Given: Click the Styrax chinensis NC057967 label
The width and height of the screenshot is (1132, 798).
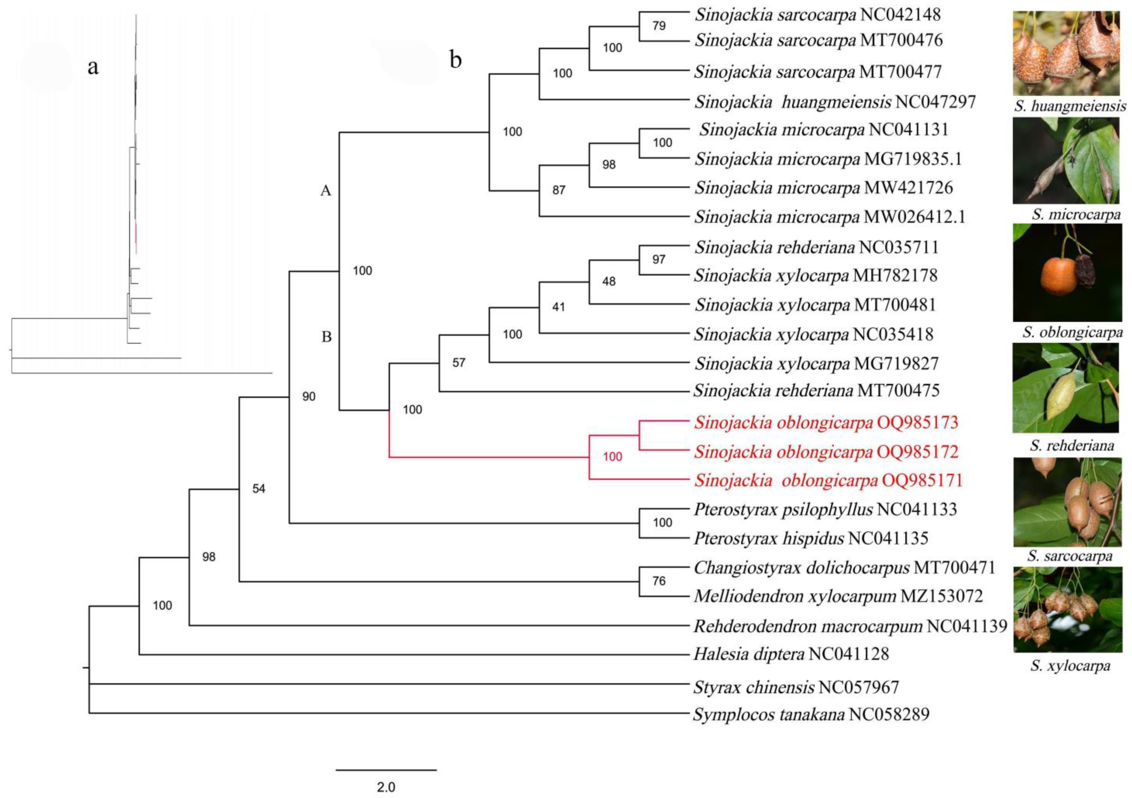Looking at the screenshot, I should pos(796,687).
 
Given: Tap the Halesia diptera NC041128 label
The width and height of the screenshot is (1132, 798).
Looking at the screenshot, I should pos(791,654).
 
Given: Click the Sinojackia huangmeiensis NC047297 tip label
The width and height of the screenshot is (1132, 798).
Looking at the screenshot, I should pos(835,102).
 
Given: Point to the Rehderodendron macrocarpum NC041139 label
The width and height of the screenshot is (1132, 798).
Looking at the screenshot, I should pos(850,626).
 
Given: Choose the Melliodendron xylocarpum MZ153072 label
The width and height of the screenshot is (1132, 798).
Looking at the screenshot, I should pos(838,597).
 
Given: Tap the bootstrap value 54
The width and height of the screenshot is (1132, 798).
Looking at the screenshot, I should pos(259,488).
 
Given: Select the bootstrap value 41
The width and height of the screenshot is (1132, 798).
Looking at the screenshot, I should pos(559,307).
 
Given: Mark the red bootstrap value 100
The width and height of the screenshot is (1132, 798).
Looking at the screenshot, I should pos(612,457).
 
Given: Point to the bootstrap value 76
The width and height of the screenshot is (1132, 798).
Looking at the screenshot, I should pos(659,581).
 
